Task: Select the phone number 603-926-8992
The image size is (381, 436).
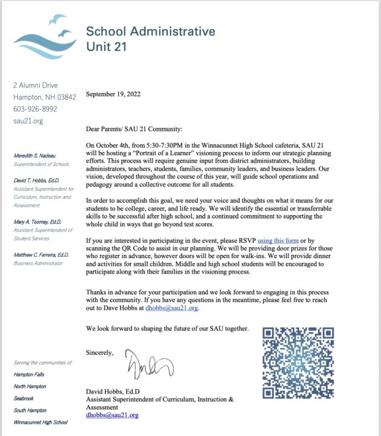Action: coord(35,109)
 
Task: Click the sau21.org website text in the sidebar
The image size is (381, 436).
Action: coord(28,121)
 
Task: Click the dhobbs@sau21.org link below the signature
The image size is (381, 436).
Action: coord(112,415)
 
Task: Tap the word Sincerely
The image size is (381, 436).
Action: coord(99,352)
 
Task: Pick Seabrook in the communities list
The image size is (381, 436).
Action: coord(24,398)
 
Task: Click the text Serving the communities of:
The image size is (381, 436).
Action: coord(42,362)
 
